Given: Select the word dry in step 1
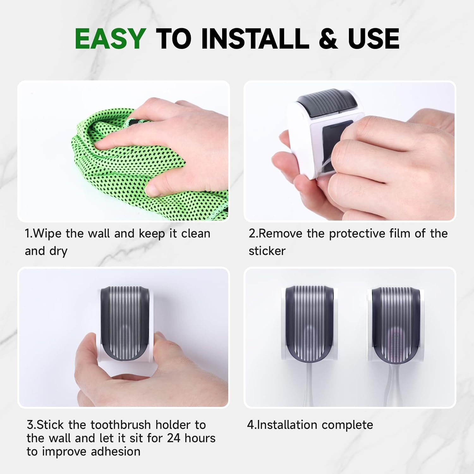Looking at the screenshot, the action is pos(58,252).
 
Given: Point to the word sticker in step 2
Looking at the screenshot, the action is pos(267,251).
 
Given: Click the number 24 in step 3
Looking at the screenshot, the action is pos(174,438).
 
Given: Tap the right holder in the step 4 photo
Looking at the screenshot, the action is pos(395,324).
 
